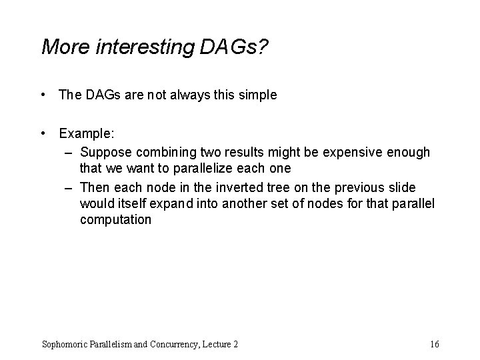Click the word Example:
tap(85, 133)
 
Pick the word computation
tap(115, 220)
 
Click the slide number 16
tap(435, 344)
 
